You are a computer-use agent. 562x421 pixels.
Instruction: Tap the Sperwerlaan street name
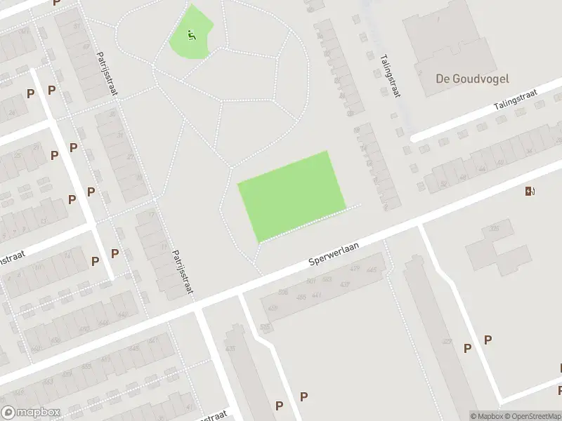coord(334,252)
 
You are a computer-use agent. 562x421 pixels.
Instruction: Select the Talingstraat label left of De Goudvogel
coord(388,76)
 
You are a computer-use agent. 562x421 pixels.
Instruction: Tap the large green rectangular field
coord(290,195)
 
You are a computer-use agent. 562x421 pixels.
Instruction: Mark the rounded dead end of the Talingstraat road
coord(414,138)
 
